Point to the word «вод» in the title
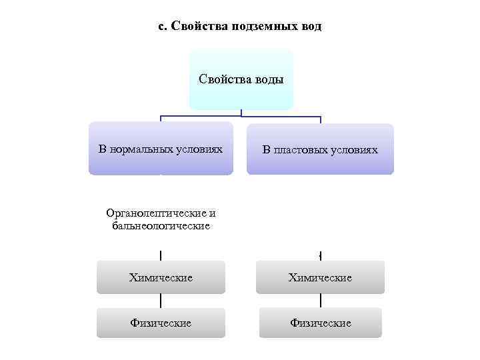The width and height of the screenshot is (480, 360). [309, 27]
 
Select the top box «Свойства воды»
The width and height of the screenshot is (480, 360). [241, 79]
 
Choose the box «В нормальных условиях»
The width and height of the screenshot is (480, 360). [161, 148]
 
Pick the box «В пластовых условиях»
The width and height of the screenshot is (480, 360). [320, 149]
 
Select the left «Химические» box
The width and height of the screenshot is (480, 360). [161, 277]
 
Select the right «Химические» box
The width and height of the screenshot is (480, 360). [320, 277]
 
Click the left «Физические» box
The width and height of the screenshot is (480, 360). [161, 323]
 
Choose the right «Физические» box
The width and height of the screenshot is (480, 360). [320, 323]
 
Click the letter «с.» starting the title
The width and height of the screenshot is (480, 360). [163, 27]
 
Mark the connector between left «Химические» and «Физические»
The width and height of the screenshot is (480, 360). [161, 301]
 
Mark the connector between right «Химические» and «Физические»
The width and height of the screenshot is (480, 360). [321, 301]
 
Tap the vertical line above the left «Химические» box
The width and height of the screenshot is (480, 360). [161, 255]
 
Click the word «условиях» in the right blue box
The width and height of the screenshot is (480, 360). [354, 150]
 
